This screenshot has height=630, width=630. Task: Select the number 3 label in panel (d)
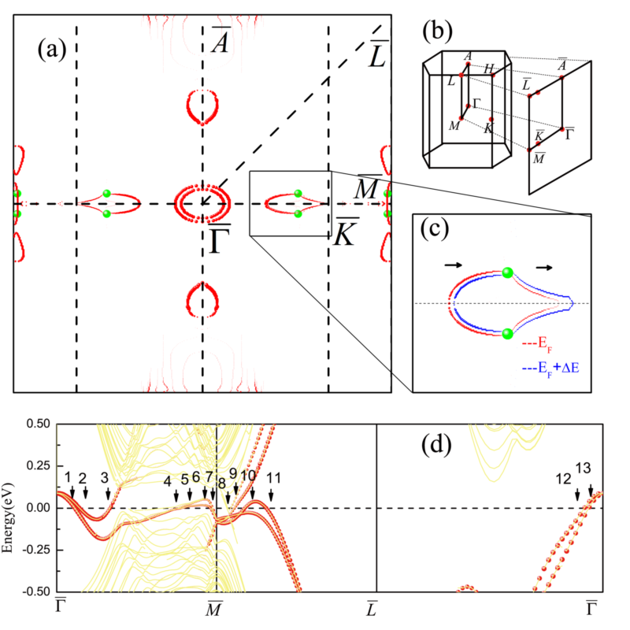104,476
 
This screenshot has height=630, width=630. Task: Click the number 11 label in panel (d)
273,477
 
